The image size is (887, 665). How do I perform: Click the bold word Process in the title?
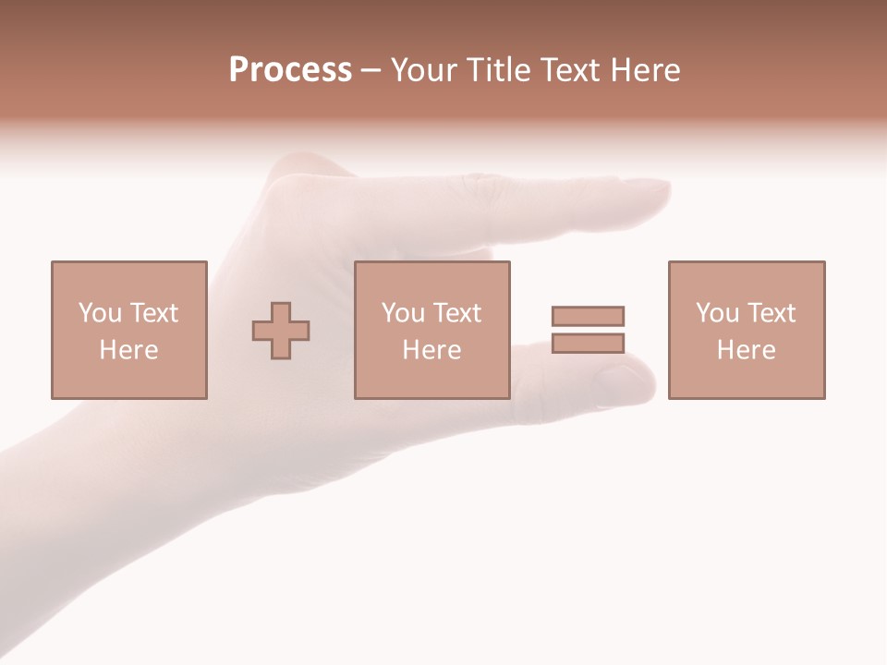(x=290, y=70)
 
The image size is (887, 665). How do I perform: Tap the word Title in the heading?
(x=500, y=70)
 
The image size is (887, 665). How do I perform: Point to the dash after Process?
(x=371, y=71)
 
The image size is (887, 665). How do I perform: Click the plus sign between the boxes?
(x=281, y=331)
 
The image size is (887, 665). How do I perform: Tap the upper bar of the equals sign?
(x=588, y=316)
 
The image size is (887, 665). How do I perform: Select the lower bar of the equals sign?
(x=588, y=343)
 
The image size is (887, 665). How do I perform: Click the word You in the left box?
(x=100, y=313)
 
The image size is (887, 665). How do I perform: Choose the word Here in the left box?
(x=128, y=350)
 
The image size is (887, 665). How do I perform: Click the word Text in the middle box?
(x=456, y=313)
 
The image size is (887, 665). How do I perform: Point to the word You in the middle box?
(x=403, y=313)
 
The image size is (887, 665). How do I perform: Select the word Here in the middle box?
(x=431, y=350)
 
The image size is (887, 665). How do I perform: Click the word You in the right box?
(x=717, y=313)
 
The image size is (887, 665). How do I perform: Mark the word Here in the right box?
(x=746, y=350)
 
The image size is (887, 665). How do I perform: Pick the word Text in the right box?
(x=771, y=313)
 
